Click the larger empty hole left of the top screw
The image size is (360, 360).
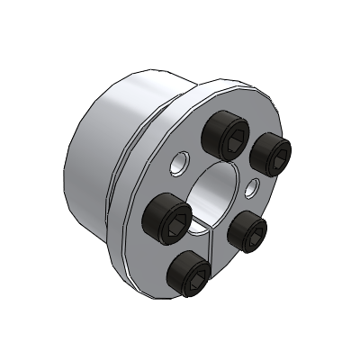tap(181, 163)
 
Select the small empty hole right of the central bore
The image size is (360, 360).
tap(255, 185)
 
